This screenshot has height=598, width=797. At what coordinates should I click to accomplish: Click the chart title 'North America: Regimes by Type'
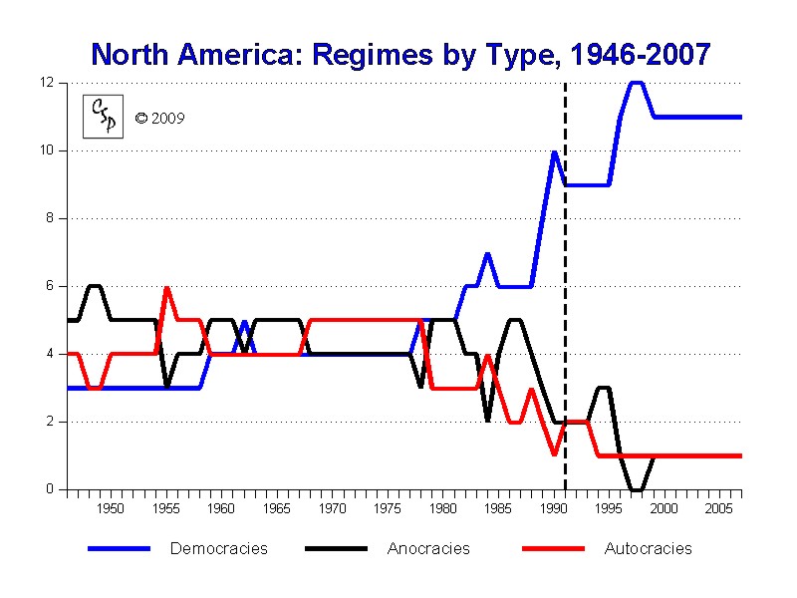tap(399, 54)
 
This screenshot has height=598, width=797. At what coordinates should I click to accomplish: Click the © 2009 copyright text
tap(159, 119)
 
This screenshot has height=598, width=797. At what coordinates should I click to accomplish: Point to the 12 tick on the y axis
tap(46, 83)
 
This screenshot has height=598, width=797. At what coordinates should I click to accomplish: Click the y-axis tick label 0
tap(49, 489)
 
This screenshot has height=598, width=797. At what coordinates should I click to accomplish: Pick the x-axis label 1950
tap(111, 508)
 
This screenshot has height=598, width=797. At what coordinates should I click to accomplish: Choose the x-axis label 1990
tap(554, 508)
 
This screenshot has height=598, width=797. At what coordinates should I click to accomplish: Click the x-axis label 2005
tap(719, 508)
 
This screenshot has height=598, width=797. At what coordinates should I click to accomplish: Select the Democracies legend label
tap(218, 548)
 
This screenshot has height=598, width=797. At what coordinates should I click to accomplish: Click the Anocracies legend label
tap(428, 548)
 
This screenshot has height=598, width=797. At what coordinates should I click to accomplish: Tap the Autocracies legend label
tap(648, 548)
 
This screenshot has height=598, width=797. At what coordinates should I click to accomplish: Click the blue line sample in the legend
tap(119, 548)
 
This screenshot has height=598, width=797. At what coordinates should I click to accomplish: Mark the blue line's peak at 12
tap(637, 83)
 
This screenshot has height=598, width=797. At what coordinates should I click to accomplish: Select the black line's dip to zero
tap(637, 488)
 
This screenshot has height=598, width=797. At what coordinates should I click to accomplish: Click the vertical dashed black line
tap(565, 299)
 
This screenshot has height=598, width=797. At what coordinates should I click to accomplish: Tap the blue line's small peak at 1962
tap(244, 322)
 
